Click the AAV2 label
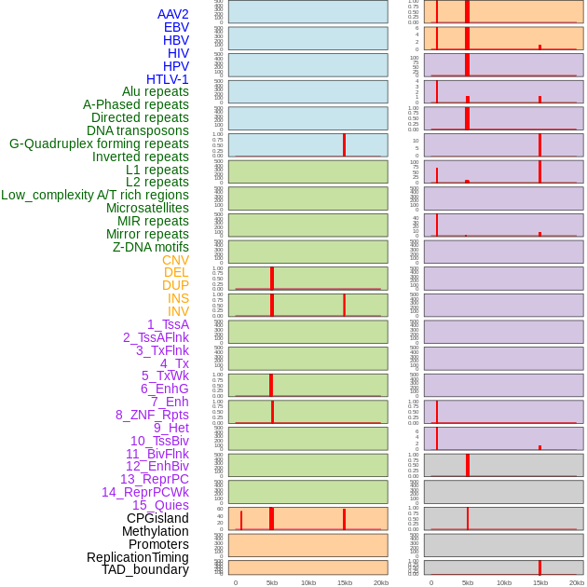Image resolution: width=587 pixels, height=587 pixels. pyautogui.click(x=173, y=14)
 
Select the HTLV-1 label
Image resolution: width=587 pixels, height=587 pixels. pyautogui.click(x=168, y=79)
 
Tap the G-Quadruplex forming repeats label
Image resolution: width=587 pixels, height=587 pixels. pyautogui.click(x=99, y=143)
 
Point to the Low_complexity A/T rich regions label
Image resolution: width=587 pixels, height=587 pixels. pyautogui.click(x=95, y=195)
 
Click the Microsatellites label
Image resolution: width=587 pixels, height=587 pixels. pyautogui.click(x=147, y=208)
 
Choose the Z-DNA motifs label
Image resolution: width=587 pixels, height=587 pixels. pyautogui.click(x=151, y=247)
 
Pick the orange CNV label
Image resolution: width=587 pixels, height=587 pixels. pyautogui.click(x=175, y=260)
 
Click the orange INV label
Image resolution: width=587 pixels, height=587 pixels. pyautogui.click(x=178, y=311)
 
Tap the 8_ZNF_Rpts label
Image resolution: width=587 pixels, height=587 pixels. pyautogui.click(x=152, y=415)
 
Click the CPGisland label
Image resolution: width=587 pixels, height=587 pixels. pyautogui.click(x=157, y=518)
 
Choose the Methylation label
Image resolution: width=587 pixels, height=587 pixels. pyautogui.click(x=156, y=531)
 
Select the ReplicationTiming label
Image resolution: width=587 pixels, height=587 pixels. pyautogui.click(x=138, y=557)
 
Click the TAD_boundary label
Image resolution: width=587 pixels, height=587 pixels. pyautogui.click(x=145, y=569)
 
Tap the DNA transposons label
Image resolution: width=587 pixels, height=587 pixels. pyautogui.click(x=138, y=130)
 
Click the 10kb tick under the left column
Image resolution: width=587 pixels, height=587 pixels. pyautogui.click(x=308, y=582)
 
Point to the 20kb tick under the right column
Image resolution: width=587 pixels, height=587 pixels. pyautogui.click(x=577, y=582)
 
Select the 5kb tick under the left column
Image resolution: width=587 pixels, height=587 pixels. pyautogui.click(x=272, y=582)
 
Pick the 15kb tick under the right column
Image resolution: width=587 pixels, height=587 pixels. pyautogui.click(x=540, y=582)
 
